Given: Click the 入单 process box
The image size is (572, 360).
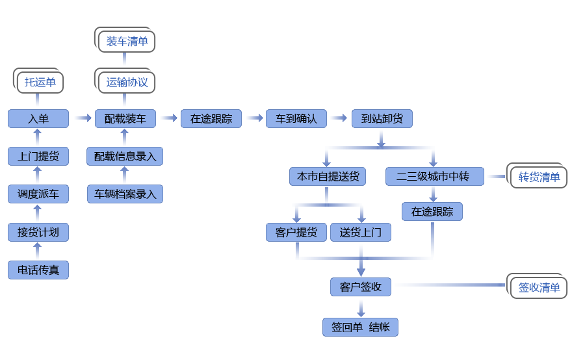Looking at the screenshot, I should [38, 118].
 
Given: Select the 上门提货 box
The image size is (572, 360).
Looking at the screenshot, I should [38, 156].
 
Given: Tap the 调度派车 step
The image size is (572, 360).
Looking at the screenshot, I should [38, 194].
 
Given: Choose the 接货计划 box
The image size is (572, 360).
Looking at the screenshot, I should [38, 232].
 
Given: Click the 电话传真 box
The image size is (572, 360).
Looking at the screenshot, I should [38, 270].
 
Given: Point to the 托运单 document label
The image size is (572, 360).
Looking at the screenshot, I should [40, 82].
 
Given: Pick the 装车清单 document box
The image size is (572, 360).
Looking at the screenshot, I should [127, 42].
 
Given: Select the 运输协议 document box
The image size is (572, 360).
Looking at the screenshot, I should [127, 83].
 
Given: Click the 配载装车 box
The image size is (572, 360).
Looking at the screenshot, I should [125, 118].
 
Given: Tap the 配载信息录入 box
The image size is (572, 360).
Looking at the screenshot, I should [125, 156].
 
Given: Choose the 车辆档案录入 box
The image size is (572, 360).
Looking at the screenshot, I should [125, 194].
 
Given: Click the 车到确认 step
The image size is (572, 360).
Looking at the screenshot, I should [296, 118].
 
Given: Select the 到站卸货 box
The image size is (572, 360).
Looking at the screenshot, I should [382, 118].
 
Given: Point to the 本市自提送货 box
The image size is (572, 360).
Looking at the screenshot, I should [328, 176].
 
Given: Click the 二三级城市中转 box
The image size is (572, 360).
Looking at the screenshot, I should [435, 176].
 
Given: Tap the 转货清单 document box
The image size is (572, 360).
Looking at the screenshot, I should [539, 177].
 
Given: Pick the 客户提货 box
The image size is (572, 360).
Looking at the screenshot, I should [296, 232].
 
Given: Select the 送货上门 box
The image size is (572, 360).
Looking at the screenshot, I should [361, 232].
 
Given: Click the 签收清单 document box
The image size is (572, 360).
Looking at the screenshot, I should [539, 287].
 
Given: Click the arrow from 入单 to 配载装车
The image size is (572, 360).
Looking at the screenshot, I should [83, 118].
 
